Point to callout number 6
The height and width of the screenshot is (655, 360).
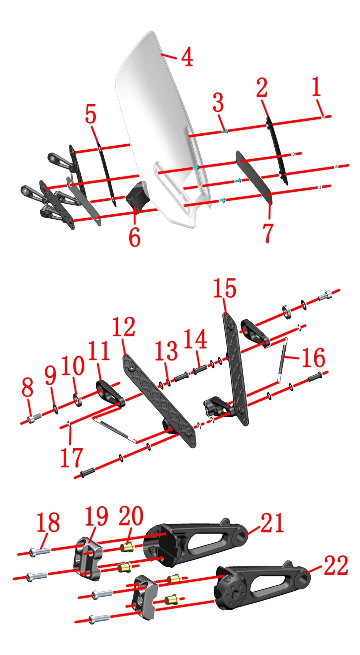(x=134, y=236)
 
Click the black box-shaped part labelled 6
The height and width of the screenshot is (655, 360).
(x=137, y=195)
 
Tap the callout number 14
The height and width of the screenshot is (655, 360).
(x=195, y=339)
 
